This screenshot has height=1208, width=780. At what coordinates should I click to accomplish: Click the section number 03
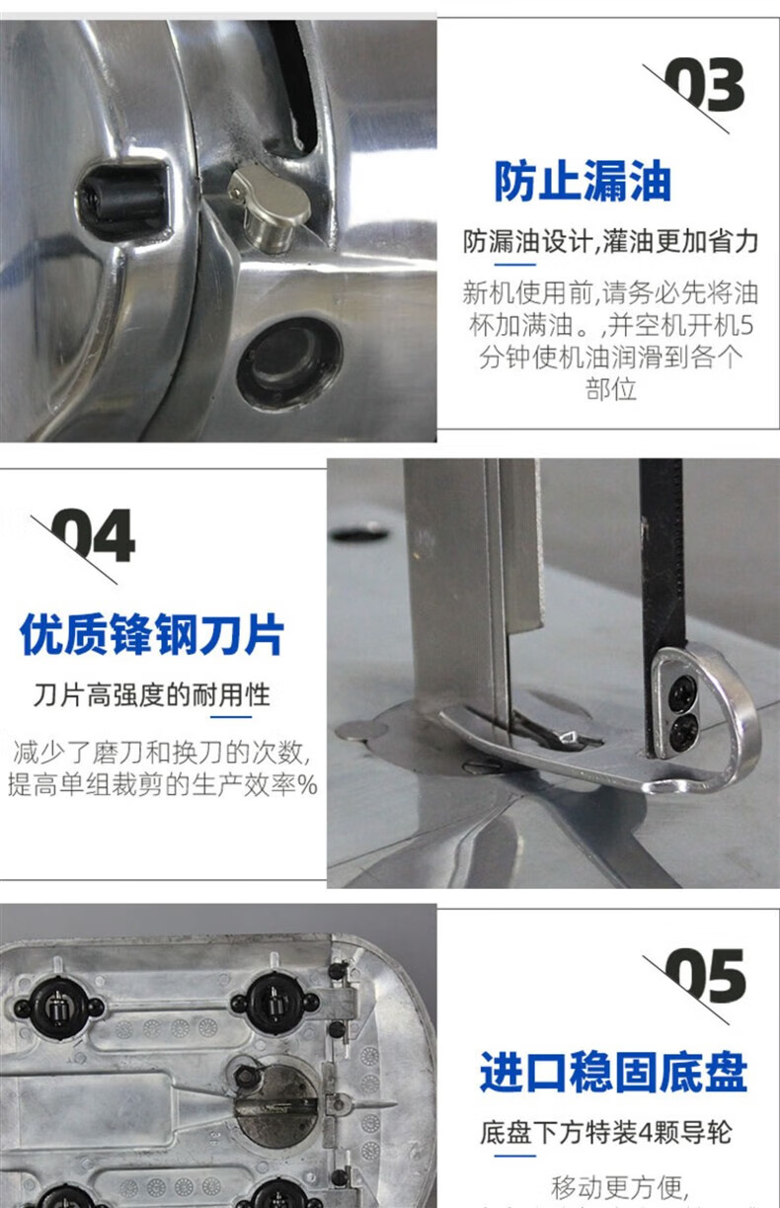[704, 85]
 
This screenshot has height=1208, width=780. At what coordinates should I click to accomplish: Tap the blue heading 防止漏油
[583, 181]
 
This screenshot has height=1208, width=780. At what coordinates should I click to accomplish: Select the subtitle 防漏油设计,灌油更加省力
[611, 241]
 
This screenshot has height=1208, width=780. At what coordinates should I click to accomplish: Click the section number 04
[93, 535]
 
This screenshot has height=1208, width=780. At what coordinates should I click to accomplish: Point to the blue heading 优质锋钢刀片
[152, 634]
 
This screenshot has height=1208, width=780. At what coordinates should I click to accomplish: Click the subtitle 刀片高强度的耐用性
[151, 694]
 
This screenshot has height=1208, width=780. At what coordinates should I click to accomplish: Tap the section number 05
[705, 976]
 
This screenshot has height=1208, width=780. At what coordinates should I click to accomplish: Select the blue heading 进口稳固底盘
[613, 1072]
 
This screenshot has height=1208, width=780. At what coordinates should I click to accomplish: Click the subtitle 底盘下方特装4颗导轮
[606, 1133]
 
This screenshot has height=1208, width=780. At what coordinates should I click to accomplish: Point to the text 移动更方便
[619, 1186]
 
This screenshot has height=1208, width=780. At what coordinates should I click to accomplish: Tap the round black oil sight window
[290, 362]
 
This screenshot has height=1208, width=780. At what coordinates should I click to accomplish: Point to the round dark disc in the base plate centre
[274, 1105]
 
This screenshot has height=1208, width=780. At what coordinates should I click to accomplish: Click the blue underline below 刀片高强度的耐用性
[231, 717]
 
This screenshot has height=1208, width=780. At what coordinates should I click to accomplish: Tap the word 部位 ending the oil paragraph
[611, 389]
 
